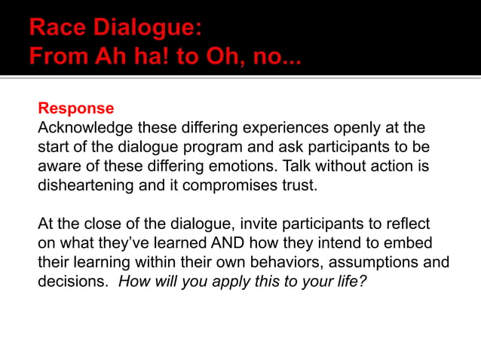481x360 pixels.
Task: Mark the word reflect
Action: point(406,224)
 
